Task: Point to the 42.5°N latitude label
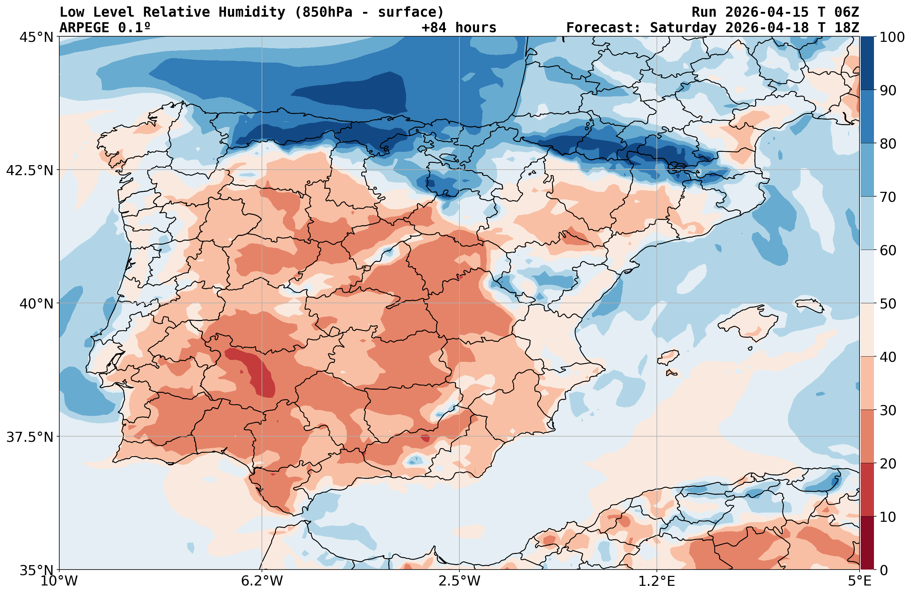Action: (30, 170)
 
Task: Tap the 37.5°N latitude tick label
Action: (30, 437)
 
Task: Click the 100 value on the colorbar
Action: (892, 37)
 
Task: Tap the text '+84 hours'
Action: (459, 27)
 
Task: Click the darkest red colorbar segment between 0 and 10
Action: (867, 543)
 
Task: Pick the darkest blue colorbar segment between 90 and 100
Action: (867, 63)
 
